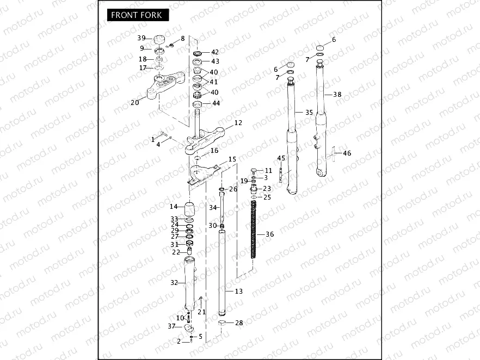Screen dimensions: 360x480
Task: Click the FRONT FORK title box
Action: tap(136, 15)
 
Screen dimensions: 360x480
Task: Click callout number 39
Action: tap(141, 38)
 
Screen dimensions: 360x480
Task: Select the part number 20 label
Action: tap(135, 102)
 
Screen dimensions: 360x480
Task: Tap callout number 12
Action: tap(238, 123)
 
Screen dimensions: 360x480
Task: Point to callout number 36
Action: tap(269, 234)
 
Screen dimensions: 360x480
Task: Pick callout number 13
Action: tap(238, 291)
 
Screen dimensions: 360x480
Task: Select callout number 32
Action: tap(174, 282)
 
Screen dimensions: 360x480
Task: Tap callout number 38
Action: tap(337, 95)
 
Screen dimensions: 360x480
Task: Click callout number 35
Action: tap(309, 113)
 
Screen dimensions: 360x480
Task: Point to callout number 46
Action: tap(347, 153)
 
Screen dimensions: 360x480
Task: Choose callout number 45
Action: tap(281, 158)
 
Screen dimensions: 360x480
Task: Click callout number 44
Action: tap(216, 103)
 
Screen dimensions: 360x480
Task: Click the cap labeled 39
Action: tap(160, 40)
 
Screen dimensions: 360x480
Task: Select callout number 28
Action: tap(239, 324)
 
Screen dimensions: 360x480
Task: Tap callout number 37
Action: tap(171, 326)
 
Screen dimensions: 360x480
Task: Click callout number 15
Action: tap(232, 159)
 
